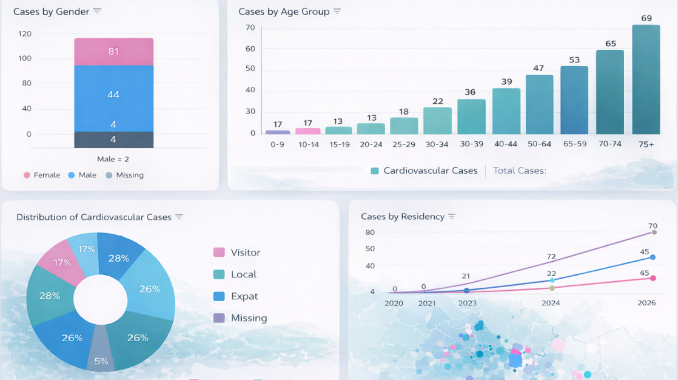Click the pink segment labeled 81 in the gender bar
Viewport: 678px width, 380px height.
pos(113,52)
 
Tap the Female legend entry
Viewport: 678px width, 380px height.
pos(42,175)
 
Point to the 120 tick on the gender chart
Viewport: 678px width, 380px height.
pos(25,34)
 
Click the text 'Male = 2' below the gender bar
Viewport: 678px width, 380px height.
pos(113,159)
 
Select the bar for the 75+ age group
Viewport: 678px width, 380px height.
pos(646,79)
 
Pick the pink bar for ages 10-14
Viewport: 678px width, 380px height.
pos(307,131)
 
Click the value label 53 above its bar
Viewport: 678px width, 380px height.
pos(574,59)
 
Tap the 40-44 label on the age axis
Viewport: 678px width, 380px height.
pos(506,144)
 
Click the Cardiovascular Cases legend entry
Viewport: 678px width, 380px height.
pos(424,171)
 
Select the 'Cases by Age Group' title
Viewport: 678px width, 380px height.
pos(284,12)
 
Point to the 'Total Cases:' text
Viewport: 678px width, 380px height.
pos(519,171)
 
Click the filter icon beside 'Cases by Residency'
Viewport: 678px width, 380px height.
pos(452,217)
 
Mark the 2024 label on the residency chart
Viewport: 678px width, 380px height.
pos(551,302)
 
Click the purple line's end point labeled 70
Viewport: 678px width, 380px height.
pos(654,232)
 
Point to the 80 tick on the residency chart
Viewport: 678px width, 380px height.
pos(370,232)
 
